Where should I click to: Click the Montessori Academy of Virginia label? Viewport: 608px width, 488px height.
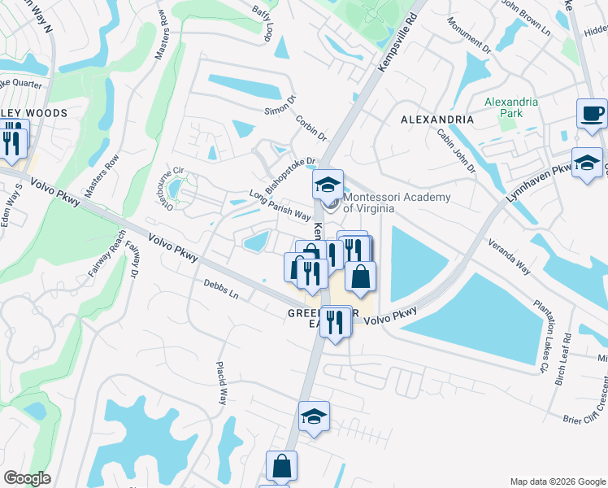[369, 203]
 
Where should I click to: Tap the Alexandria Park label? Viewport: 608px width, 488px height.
[510, 107]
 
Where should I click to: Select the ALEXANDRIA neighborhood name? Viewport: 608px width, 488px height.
[437, 120]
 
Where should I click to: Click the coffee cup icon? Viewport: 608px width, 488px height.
[592, 113]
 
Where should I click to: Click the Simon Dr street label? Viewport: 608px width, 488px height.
[277, 111]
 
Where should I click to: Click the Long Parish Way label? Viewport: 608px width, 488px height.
[280, 206]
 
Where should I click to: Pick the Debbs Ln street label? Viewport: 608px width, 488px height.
[221, 290]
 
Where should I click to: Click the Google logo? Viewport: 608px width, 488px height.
[28, 478]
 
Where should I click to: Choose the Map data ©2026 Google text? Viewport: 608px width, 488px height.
[557, 481]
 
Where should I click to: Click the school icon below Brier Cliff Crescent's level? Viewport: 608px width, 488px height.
[314, 416]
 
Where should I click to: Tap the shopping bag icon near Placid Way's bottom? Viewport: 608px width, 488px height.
[281, 467]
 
